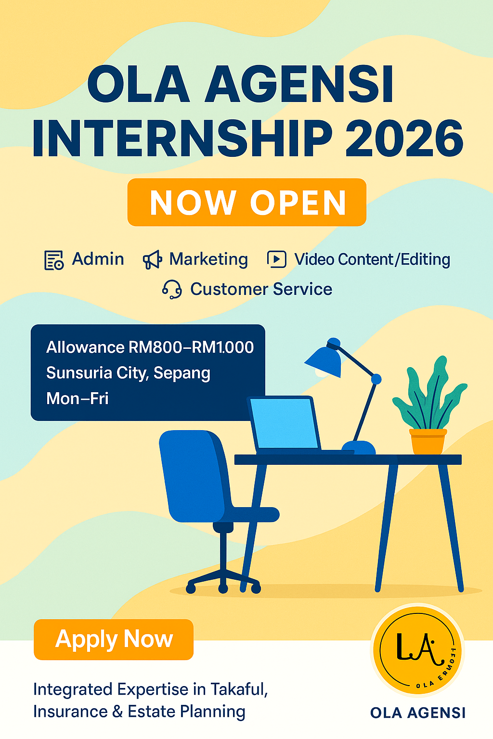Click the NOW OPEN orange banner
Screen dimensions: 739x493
click(246, 202)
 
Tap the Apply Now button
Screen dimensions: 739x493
click(114, 639)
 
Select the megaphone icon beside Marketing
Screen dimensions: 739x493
click(152, 260)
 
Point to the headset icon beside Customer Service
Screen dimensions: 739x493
click(172, 290)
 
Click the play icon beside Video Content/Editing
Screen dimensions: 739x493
click(277, 259)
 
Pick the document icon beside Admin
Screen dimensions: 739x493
click(54, 260)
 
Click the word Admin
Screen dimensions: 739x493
click(98, 259)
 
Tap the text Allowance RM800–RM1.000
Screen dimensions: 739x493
click(150, 347)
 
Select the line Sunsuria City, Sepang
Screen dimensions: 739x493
click(128, 373)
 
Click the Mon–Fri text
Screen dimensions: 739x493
click(78, 398)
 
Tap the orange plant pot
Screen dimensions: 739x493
click(428, 442)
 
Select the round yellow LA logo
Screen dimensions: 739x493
click(417, 650)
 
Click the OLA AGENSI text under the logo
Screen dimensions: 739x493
click(417, 713)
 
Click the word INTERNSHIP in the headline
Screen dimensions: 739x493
click(182, 138)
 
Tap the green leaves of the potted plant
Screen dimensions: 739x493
click(428, 392)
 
